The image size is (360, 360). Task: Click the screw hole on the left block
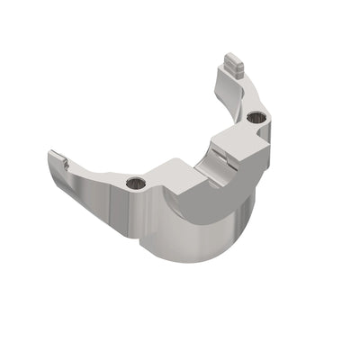pos(135,184)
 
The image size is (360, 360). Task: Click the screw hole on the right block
pos(256,117)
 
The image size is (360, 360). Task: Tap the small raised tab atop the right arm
pos(233,65)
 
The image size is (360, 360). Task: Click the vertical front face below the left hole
pos(130,216)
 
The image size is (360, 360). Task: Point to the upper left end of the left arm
pos(51,155)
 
